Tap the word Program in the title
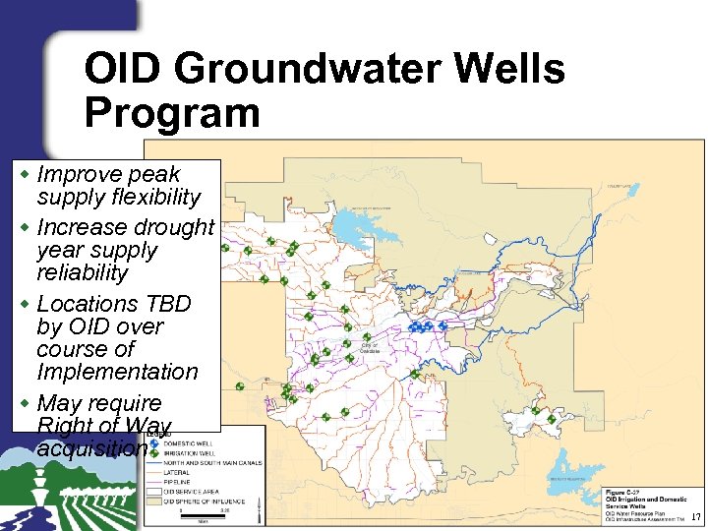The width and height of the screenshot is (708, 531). [172, 112]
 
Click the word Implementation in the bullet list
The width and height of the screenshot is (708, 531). [117, 372]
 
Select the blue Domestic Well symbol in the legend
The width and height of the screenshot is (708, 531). [155, 444]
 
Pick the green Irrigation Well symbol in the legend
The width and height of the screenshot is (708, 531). [155, 453]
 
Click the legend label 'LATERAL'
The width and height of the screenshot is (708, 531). [177, 471]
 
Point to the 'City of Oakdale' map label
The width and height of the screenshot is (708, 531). [369, 348]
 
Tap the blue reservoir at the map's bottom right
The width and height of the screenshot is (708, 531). [570, 462]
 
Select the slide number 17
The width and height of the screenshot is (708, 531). [696, 518]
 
